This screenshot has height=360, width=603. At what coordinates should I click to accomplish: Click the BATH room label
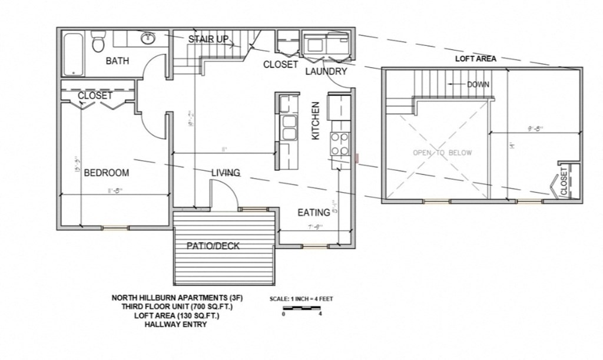(117, 61)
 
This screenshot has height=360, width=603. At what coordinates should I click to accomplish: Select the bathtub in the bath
(74, 54)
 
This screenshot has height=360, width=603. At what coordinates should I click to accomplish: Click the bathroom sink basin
(147, 39)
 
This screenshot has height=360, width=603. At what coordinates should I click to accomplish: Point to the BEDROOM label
(106, 173)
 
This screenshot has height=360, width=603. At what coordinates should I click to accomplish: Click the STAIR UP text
(208, 39)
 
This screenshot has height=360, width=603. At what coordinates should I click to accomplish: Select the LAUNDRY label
(326, 71)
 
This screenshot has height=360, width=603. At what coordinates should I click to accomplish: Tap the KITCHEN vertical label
(316, 120)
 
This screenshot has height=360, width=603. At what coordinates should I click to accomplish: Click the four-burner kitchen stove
(340, 143)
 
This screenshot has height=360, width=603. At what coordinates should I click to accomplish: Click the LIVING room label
(226, 173)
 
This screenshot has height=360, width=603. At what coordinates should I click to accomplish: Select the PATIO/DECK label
(213, 246)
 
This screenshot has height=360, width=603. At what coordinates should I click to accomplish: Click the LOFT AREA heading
(475, 59)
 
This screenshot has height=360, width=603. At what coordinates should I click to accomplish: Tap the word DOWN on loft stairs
(478, 84)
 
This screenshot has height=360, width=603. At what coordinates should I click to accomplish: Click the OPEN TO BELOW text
(442, 153)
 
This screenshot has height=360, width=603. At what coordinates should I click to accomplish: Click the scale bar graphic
(301, 308)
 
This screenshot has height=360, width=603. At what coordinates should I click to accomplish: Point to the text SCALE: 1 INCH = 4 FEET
(301, 299)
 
